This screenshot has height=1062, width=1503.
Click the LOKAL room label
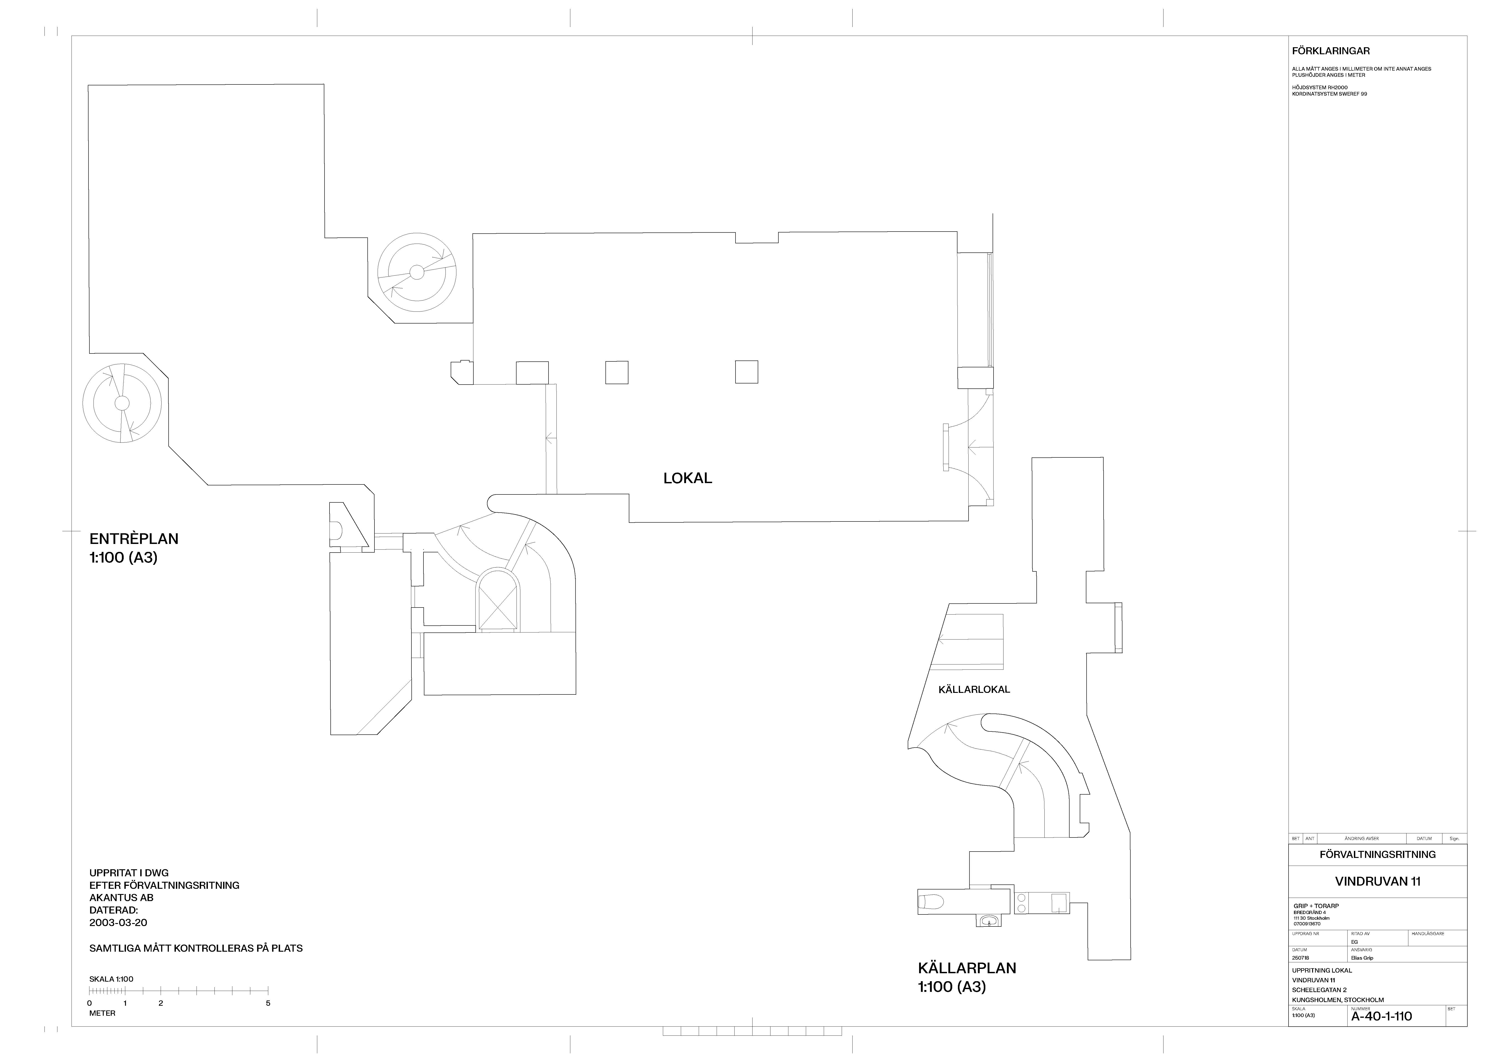coord(687,478)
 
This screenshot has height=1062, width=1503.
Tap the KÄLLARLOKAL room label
coord(974,689)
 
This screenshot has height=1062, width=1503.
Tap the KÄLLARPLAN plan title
coord(967,968)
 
